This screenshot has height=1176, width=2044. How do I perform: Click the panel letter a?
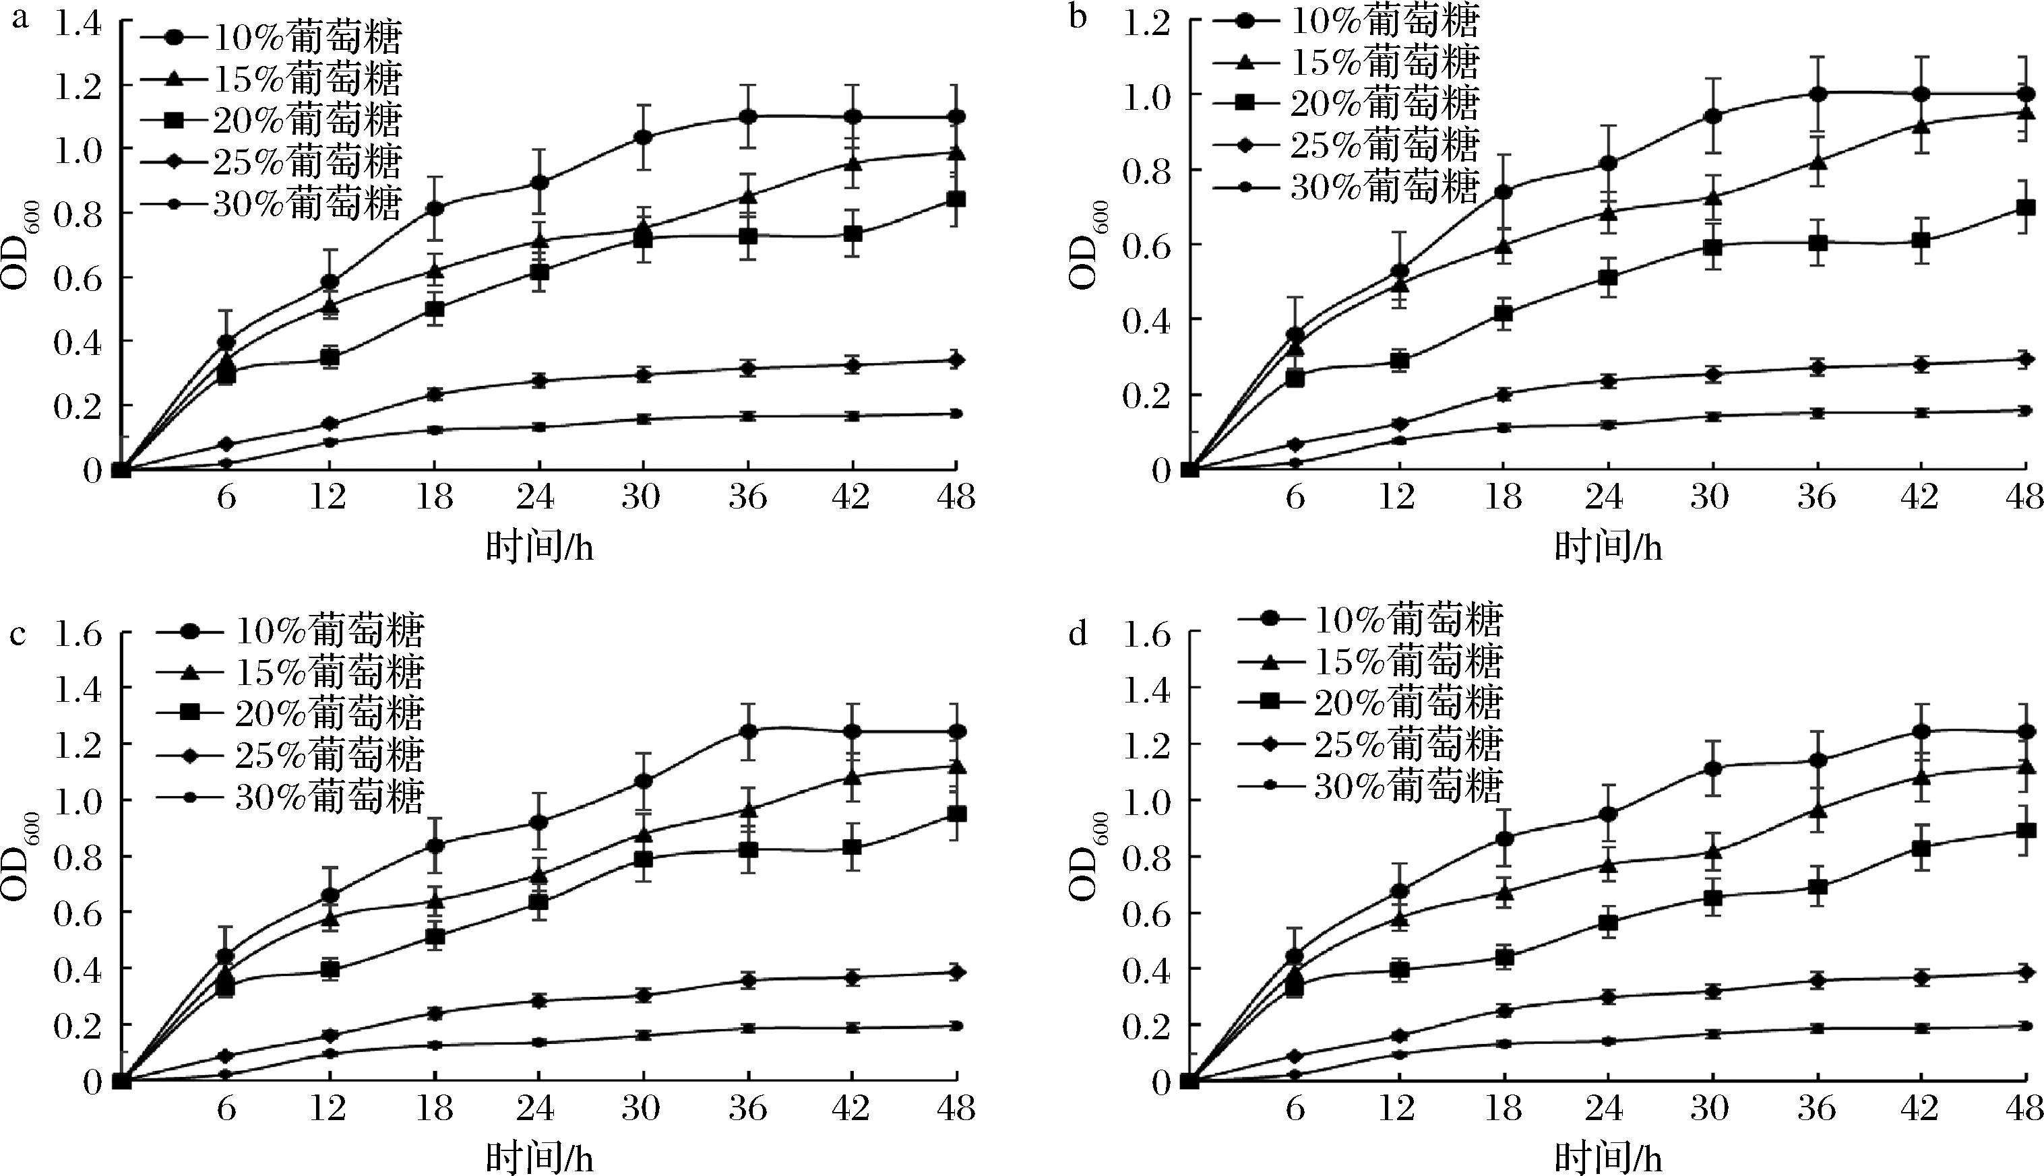[19, 18]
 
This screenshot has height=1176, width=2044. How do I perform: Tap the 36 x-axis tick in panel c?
[747, 1108]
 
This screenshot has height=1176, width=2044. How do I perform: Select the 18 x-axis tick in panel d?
[1502, 1108]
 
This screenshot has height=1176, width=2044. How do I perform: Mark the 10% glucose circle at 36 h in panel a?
[748, 117]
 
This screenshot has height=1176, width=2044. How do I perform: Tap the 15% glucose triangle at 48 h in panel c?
[956, 765]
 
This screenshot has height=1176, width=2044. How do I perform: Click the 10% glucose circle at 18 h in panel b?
[1504, 191]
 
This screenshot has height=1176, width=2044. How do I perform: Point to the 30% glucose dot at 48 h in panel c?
[956, 1026]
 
